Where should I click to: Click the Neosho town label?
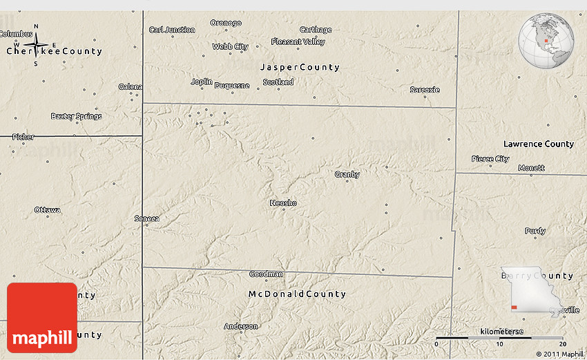point(283,202)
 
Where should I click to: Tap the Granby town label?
point(347,174)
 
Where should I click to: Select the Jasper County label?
point(300,67)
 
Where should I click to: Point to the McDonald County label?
point(296,294)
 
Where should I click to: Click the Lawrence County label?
point(539,144)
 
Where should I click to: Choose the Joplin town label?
point(202,82)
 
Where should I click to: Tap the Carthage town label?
point(316,30)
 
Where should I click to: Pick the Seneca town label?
point(147,218)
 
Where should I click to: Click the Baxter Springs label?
point(77,115)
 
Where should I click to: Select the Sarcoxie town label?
point(425,89)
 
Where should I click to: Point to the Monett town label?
point(531,167)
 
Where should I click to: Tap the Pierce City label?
point(490,158)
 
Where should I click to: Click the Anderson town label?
point(241,326)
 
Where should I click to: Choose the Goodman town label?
point(266,274)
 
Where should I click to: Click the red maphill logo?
point(42,317)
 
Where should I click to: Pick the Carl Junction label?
point(172,30)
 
